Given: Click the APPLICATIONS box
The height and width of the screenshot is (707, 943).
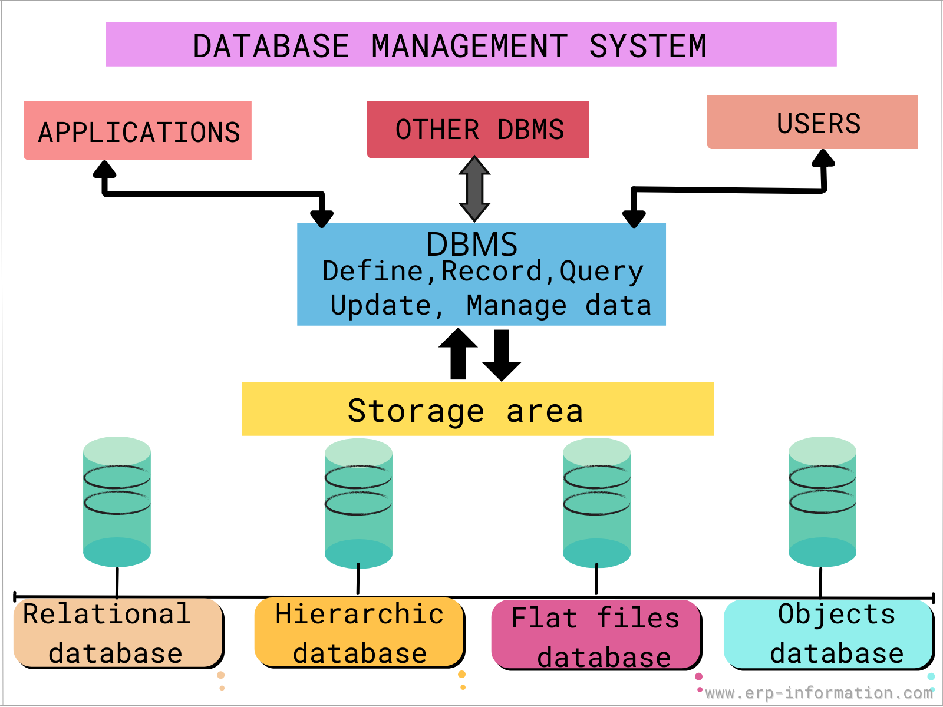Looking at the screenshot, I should tap(137, 131).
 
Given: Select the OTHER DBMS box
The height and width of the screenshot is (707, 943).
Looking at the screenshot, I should tap(478, 130).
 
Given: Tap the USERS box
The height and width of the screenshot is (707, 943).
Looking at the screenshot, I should tap(812, 123).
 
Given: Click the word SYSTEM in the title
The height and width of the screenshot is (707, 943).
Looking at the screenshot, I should tap(647, 46).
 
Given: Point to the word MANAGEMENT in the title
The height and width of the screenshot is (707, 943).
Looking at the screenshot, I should tap(469, 46).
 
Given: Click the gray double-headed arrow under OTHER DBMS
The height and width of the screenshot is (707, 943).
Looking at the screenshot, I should tap(474, 189).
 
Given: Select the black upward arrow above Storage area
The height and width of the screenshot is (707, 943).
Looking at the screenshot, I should tap(458, 353).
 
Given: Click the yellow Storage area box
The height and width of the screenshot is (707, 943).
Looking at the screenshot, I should tap(477, 409).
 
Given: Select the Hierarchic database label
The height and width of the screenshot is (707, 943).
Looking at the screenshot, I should tap(359, 634).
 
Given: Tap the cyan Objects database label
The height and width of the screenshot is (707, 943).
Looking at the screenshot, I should tap(829, 634).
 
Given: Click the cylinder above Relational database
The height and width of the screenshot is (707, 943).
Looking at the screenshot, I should tap(117, 502).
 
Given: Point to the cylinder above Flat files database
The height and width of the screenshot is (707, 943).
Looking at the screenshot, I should tap(596, 503).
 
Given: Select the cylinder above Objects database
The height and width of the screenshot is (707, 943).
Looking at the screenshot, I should tap(822, 502).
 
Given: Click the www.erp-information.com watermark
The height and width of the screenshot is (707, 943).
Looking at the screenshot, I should tap(818, 693).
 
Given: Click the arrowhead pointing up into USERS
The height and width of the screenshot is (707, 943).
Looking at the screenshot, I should tap(823, 158).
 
